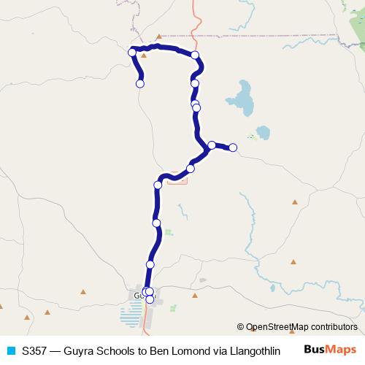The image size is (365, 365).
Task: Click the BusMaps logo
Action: (x=330, y=350)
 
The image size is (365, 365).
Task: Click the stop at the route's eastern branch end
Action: (x=233, y=147)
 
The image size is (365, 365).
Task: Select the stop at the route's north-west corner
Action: (x=132, y=52)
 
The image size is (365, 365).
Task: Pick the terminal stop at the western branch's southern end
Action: (x=140, y=84)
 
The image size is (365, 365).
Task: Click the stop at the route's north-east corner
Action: (x=195, y=55)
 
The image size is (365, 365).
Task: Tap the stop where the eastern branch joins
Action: (x=211, y=145)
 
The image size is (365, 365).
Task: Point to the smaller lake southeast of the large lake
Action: (x=261, y=133)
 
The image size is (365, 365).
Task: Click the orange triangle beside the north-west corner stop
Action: (x=145, y=55)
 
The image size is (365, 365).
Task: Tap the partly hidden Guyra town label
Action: (x=139, y=294)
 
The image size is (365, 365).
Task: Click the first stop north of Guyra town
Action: (x=150, y=264)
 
